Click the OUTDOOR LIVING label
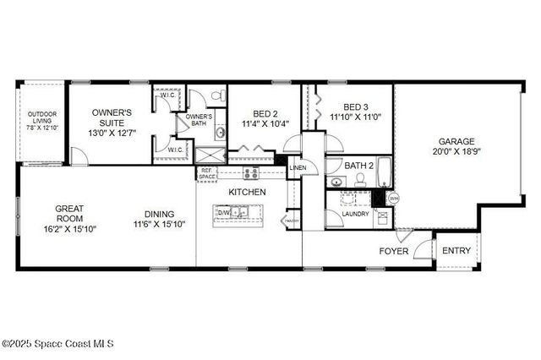pos(41,117)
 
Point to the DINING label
pos(159,214)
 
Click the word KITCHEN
pos(247,193)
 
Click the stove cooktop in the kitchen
pos(251,173)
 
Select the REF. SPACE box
pos(207,173)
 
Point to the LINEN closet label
pos(298,168)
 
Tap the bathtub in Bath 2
pos(385,172)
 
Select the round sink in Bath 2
pos(336,182)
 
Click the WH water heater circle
pos(392,199)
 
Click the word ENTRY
pos(456,250)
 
